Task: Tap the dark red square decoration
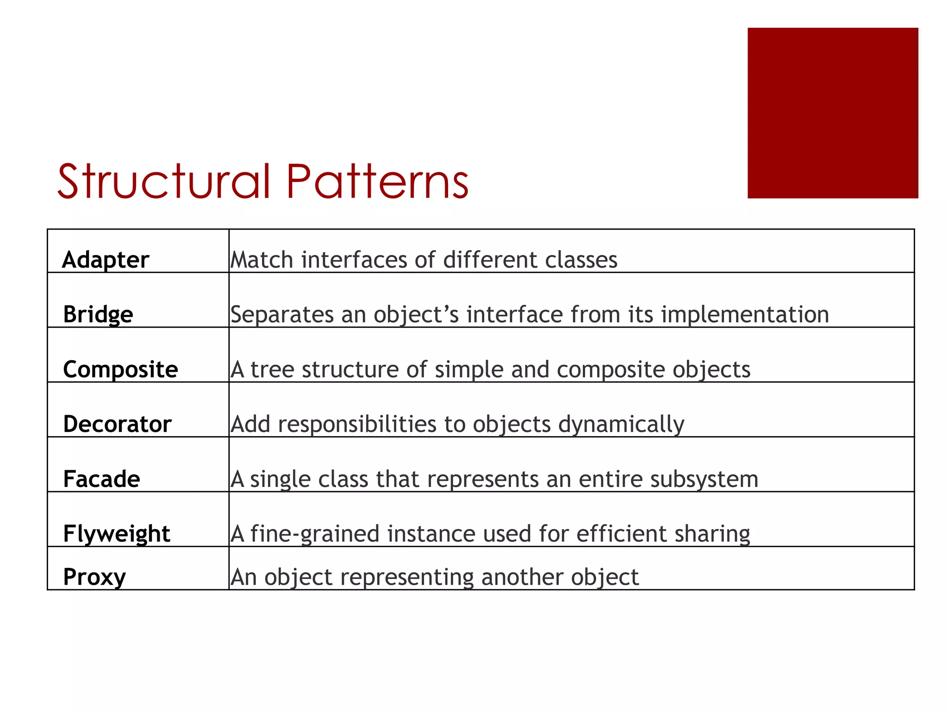click(x=832, y=113)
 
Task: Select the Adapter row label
click(x=106, y=260)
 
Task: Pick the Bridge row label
click(x=98, y=314)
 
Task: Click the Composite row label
click(x=120, y=369)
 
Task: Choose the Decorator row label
click(x=117, y=424)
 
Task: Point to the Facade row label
click(x=101, y=479)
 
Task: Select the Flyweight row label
click(x=117, y=534)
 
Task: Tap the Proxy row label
click(x=94, y=577)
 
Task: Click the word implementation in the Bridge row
click(x=745, y=315)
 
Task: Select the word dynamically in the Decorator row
click(x=621, y=424)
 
